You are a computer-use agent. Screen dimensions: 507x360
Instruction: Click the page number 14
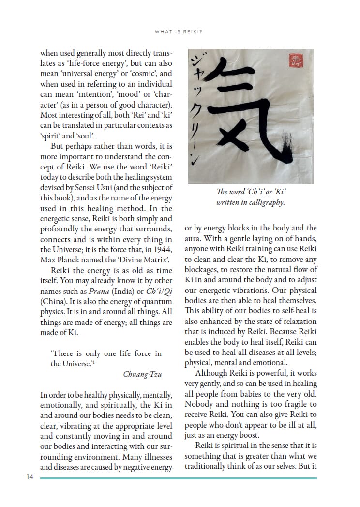(30, 477)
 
